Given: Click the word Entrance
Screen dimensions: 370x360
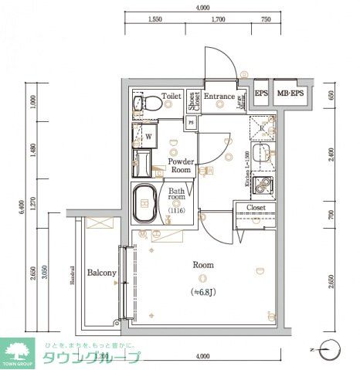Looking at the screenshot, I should [220, 97].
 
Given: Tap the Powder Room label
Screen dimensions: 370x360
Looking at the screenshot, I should [182, 165].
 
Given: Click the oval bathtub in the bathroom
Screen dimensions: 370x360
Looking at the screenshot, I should [146, 203].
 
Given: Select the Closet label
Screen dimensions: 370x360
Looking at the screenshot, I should [256, 208].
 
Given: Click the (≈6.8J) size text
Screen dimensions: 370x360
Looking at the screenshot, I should [203, 292].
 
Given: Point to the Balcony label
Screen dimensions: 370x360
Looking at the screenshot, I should [101, 273].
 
